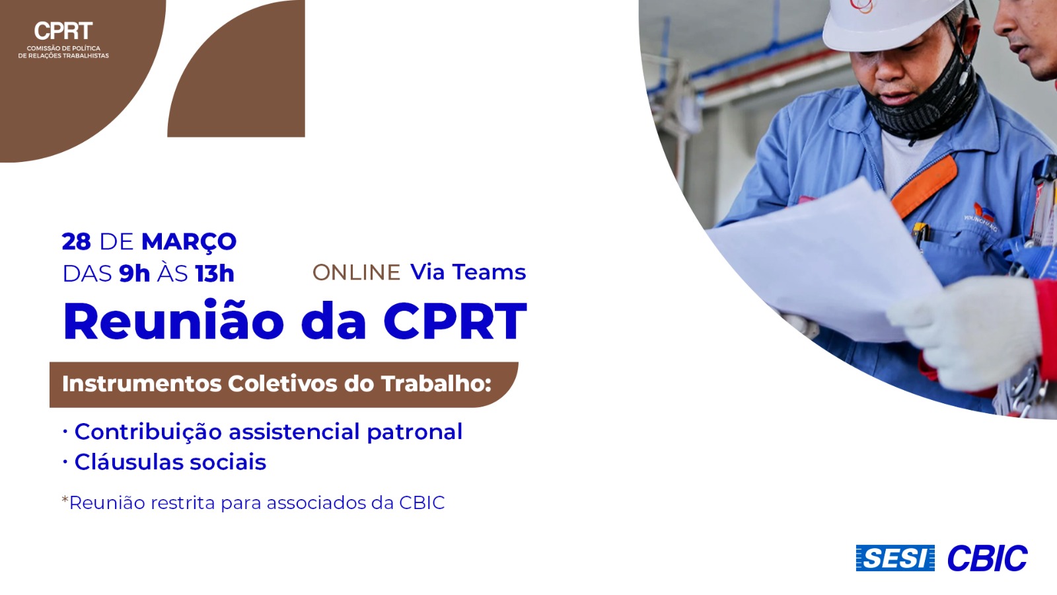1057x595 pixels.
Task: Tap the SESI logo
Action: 895,558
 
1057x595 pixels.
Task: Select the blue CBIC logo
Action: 987,558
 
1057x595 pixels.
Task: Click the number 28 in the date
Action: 76,242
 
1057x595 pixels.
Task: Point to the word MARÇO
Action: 189,241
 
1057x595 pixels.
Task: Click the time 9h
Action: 135,274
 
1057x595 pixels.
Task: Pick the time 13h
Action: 215,274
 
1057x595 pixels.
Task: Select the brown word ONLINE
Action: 356,272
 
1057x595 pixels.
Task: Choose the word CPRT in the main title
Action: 455,321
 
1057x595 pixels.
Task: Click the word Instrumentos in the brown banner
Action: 142,384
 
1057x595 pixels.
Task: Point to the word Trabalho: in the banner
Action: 436,383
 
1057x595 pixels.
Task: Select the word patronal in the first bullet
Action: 414,432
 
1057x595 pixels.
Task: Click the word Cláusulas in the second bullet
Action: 129,461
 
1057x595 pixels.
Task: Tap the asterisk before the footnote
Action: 65,498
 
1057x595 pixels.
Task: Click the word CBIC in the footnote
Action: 422,503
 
